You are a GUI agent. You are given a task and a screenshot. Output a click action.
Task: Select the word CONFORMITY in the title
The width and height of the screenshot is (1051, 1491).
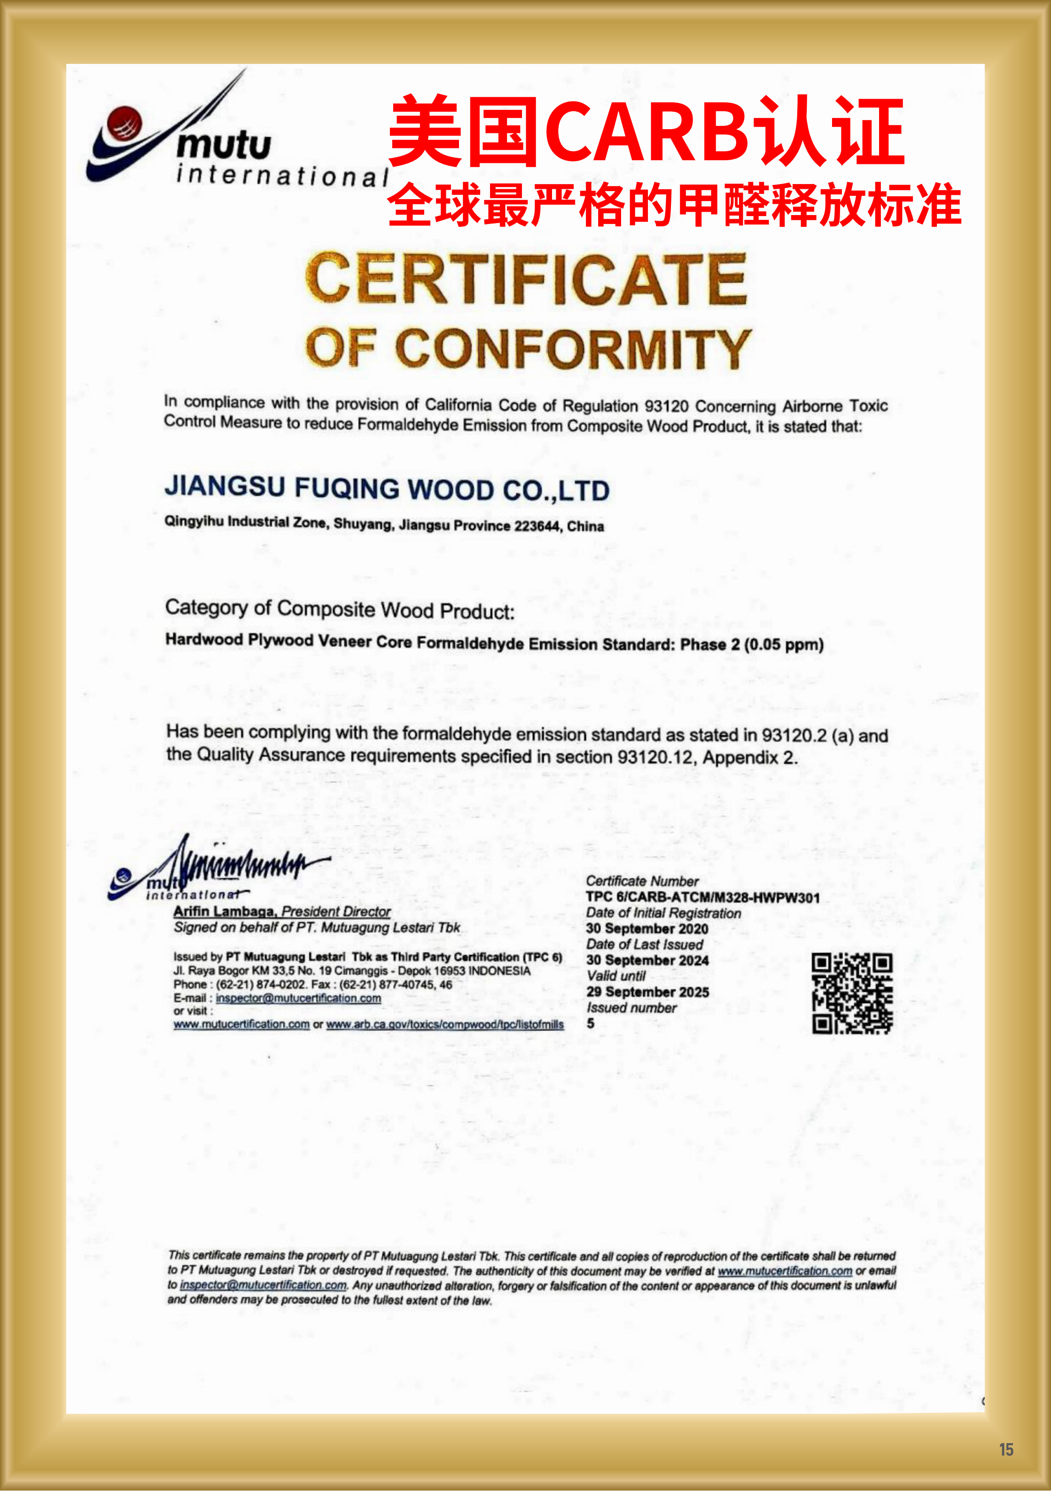(x=573, y=349)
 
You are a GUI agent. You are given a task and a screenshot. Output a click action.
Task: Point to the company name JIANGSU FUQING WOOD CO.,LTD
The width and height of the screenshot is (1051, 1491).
(x=387, y=488)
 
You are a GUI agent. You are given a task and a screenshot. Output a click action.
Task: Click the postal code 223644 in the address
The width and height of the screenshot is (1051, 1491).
(x=537, y=526)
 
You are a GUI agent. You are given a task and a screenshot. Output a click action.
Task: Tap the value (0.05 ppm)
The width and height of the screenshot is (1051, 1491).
(x=784, y=645)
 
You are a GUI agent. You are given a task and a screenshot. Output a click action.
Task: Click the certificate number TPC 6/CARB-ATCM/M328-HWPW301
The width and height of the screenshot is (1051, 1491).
(x=702, y=897)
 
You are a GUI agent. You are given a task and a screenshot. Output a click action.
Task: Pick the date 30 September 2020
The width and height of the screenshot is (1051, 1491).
(x=647, y=928)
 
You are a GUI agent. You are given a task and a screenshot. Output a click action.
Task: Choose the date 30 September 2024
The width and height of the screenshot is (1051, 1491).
(x=647, y=960)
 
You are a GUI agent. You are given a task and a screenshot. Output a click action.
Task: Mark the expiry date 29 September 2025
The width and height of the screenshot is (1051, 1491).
(x=647, y=992)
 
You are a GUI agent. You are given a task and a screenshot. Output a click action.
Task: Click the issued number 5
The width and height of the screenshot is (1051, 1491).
(x=591, y=1023)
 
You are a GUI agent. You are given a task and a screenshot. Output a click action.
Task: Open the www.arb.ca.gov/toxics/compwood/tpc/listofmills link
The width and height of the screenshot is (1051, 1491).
(x=445, y=1025)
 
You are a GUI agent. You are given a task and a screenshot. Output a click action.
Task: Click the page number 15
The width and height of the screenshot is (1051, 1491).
(x=1005, y=1449)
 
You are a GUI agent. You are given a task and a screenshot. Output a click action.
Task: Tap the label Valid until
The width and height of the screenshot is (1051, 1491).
(x=616, y=976)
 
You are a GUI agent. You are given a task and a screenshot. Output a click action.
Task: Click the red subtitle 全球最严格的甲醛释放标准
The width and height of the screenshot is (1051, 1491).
(x=674, y=205)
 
